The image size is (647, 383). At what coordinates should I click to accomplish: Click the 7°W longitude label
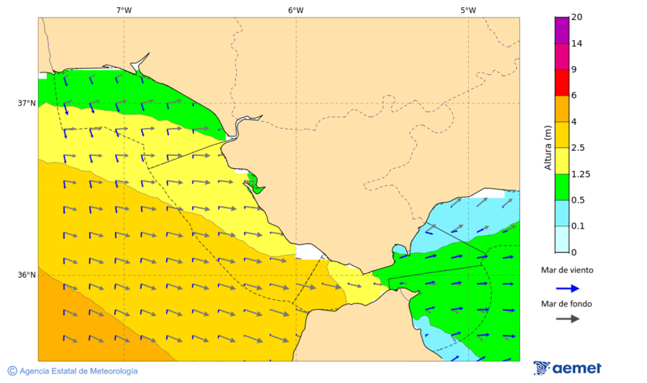pos(124,10)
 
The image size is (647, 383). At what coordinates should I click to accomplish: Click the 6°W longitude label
pos(295,10)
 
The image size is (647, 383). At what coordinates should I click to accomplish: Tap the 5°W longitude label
pos(468,10)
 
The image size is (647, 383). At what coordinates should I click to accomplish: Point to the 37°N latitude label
pos(27,103)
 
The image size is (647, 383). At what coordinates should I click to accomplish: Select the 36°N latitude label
pos(27,275)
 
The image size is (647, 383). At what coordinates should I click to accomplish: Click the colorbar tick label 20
pos(577,17)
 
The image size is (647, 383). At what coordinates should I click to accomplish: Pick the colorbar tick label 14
pos(577,43)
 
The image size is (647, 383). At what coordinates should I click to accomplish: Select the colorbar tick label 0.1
pos(579,226)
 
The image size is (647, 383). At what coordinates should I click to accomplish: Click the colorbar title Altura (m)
pos(548,148)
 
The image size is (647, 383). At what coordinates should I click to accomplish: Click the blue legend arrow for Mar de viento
pos(567,288)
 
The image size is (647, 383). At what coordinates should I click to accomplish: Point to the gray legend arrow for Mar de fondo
pos(567,318)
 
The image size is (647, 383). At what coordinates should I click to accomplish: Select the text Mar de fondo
pos(567,303)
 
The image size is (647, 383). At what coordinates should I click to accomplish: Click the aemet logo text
pos(577,369)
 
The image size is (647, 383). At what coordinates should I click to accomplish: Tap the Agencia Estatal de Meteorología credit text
pos(78,371)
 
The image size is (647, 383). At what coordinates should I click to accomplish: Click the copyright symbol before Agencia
pos(12,371)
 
